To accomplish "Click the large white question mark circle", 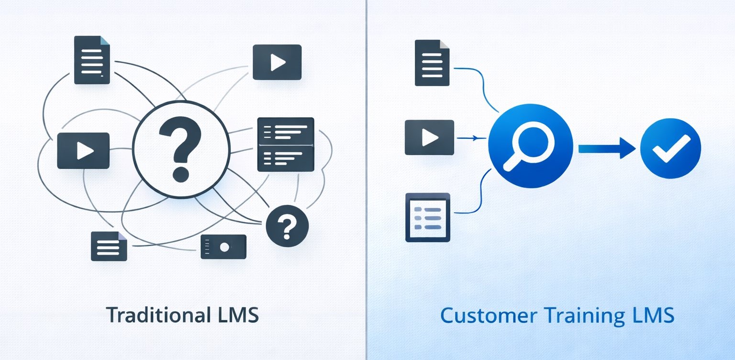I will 180,149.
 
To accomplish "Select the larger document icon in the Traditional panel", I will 92,60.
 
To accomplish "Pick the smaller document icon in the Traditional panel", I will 109,246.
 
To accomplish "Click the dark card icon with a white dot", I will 223,247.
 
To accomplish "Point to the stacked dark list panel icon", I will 286,144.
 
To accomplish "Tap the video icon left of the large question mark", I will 83,151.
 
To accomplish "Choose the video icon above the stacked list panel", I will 277,62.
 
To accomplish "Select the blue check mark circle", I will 670,148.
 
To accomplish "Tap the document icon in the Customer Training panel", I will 432,63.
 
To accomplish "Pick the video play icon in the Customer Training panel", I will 429,137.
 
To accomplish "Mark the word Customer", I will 481,316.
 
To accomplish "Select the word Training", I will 580,316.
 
